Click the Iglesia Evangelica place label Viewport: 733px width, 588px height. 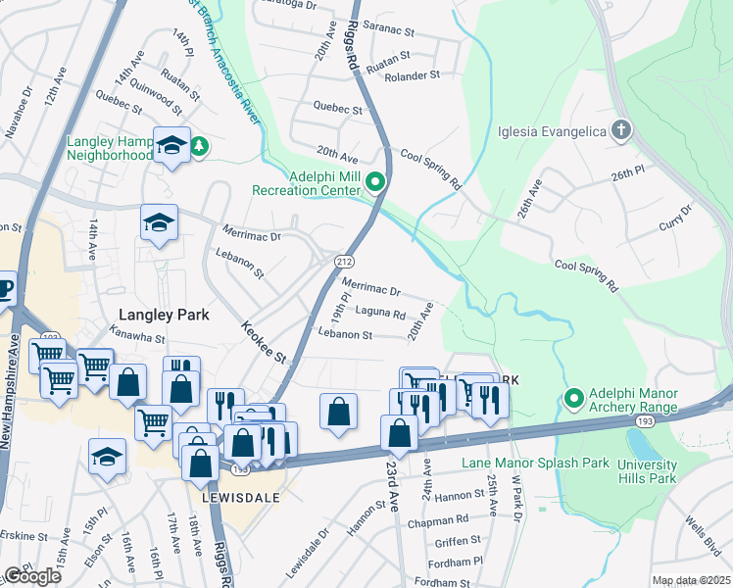pos(553,131)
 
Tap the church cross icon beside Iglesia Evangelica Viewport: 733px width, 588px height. pos(619,130)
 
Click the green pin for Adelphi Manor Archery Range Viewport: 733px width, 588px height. pos(574,398)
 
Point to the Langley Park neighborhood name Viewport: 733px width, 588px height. pos(159,315)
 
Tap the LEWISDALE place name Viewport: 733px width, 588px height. pos(241,497)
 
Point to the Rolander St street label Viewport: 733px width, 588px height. pos(412,76)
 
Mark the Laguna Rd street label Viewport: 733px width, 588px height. pos(381,314)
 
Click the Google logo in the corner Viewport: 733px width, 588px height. pos(33,576)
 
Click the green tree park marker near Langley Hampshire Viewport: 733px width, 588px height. pos(200,146)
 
